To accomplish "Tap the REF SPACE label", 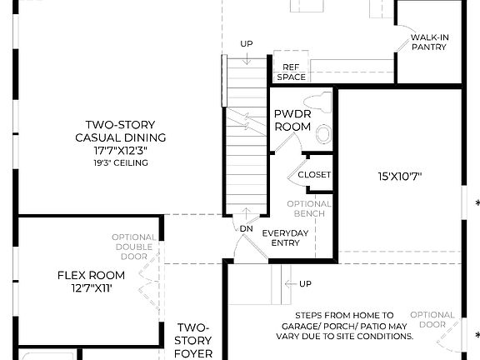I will (x=291, y=72).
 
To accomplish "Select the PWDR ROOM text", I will (x=292, y=120).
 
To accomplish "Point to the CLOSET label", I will (x=314, y=175).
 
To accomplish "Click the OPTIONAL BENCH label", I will (x=309, y=208).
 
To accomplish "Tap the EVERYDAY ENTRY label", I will (x=286, y=237).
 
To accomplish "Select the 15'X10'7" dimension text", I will (x=400, y=176).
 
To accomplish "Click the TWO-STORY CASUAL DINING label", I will (x=121, y=130).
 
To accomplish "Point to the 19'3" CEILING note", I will (x=121, y=163).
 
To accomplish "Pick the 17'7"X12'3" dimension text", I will (x=121, y=151).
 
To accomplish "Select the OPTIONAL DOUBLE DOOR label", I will (x=133, y=247).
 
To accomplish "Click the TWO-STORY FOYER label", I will (x=193, y=340).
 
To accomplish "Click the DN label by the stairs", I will (x=246, y=227).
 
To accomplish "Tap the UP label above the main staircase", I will (x=246, y=43).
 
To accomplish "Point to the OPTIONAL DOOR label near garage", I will (x=432, y=320).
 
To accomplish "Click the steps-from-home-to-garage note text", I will (x=346, y=326).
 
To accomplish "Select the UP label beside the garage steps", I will (x=305, y=283).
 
